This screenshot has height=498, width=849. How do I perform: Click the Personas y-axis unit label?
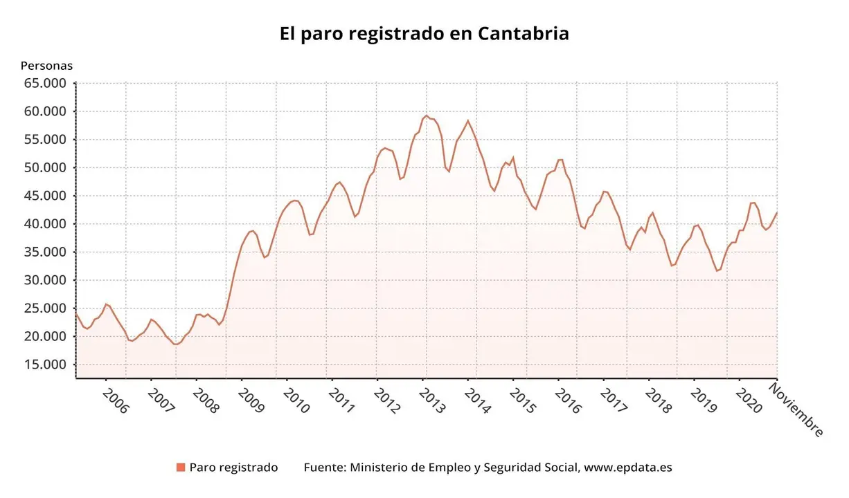point(46,66)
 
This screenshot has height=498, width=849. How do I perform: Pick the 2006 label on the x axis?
point(115,400)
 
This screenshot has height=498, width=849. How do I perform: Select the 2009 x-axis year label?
point(251,400)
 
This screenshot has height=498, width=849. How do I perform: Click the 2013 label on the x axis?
point(431,400)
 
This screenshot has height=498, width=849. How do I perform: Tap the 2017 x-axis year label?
point(613,400)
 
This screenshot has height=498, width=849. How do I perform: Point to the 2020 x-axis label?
point(749,400)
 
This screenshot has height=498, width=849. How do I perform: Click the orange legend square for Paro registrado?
point(181,468)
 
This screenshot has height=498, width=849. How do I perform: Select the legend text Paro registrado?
point(233,468)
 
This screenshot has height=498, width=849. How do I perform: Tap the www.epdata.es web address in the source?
point(628,468)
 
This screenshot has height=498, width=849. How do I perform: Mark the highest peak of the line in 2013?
point(427,116)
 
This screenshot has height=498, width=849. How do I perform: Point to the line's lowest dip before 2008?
point(176,344)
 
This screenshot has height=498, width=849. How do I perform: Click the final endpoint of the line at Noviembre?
point(777,212)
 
